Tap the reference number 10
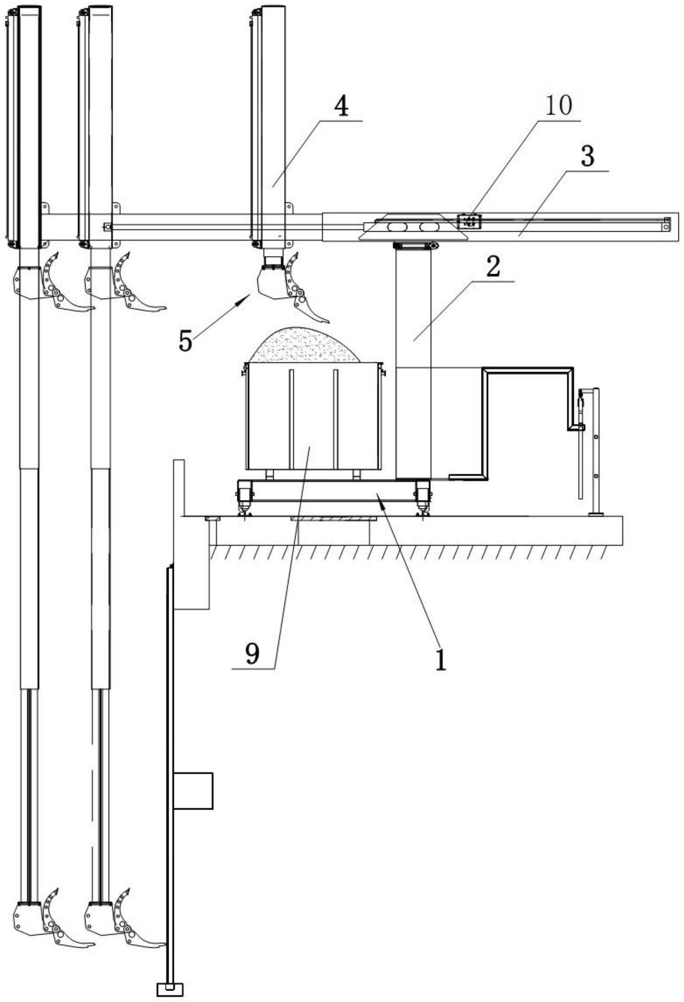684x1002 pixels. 559,105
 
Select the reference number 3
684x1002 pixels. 588,157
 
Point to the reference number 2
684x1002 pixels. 493,266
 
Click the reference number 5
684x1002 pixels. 185,341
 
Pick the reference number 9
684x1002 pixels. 252,653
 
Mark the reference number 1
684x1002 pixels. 440,660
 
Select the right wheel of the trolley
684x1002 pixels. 422,496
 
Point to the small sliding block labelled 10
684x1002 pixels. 470,221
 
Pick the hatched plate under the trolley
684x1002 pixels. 330,518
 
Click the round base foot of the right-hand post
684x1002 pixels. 596,514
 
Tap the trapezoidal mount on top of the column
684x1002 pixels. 413,227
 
